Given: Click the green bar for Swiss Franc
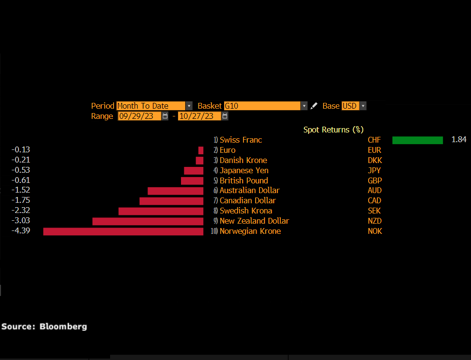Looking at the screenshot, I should coord(417,140).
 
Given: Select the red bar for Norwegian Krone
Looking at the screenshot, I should coord(123,231).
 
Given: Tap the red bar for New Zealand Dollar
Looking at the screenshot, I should coord(147,221).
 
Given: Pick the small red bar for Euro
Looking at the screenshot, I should coord(201,150).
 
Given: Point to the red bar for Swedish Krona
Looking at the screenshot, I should coord(161,211).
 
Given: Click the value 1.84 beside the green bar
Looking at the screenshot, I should coord(458,140).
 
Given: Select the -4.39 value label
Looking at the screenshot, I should coord(21,231).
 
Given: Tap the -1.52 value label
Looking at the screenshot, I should coord(21,190).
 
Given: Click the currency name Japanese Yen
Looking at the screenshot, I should coord(244,170).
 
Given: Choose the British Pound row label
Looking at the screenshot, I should coord(244,180).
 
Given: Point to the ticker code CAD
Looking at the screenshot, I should coord(374,201).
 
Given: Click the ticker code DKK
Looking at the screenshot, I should coord(374,160).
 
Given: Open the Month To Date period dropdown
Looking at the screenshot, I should coord(189,106).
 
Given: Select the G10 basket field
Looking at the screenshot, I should coord(262,106).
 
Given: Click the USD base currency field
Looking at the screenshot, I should coord(350,106).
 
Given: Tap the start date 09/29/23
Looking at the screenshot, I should coord(139,116).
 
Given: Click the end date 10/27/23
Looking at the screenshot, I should coord(199,116).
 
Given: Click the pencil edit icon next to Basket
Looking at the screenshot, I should coord(314,106).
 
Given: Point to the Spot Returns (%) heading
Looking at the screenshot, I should coord(333,130).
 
